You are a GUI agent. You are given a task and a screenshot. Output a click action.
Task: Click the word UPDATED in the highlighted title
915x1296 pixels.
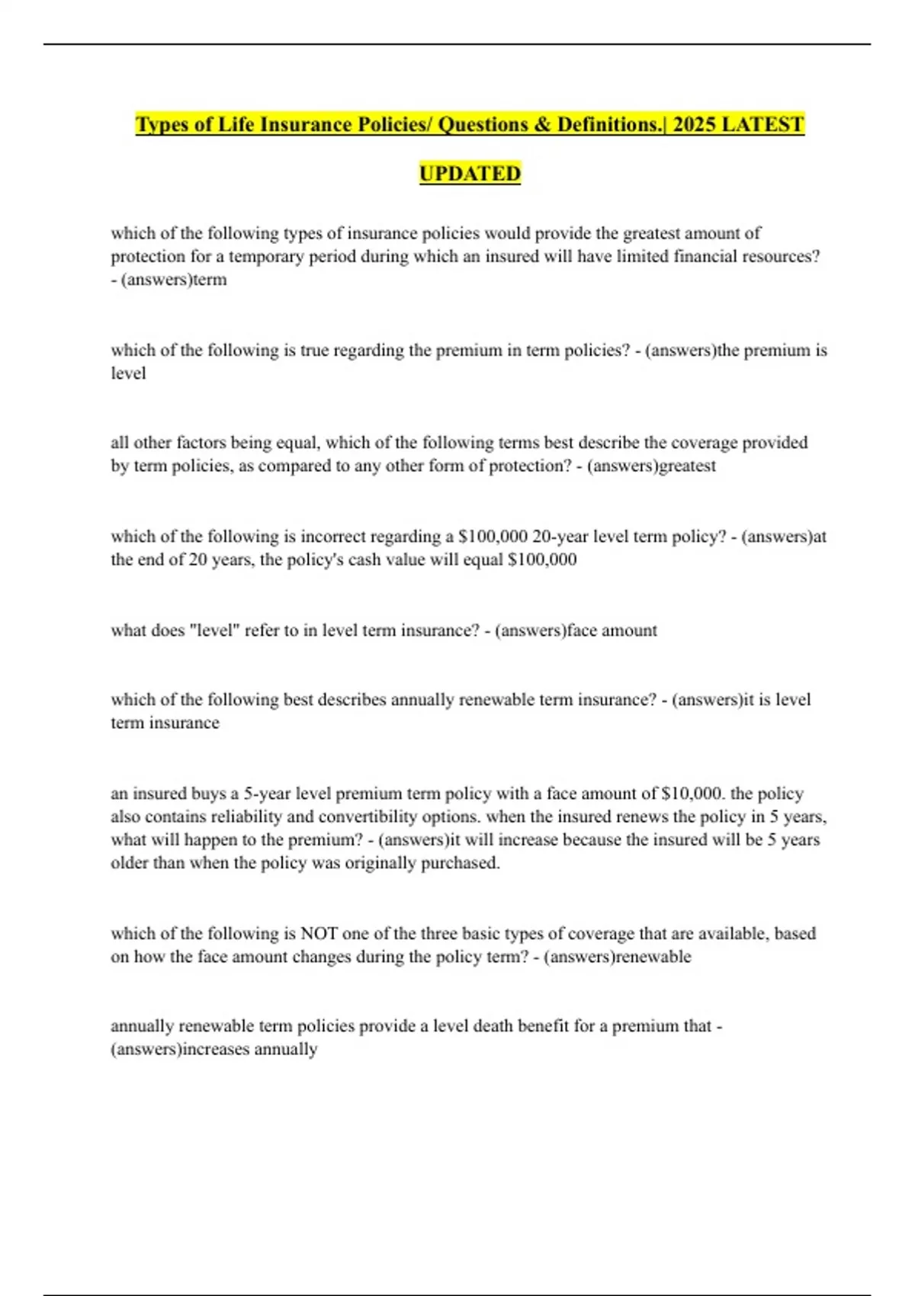[x=470, y=174]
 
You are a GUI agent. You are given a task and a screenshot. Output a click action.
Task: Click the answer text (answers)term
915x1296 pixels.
[x=174, y=280]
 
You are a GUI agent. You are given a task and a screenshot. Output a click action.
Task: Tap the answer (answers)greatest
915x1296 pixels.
[x=651, y=466]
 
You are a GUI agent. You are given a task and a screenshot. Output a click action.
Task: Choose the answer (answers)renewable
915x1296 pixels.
[x=618, y=957]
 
